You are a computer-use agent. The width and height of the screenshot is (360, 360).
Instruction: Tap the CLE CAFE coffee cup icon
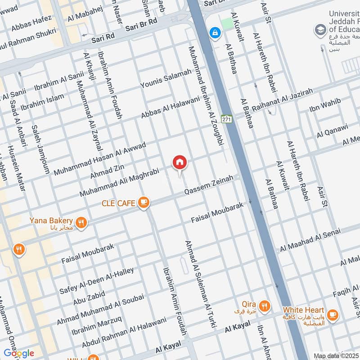click(x=144, y=203)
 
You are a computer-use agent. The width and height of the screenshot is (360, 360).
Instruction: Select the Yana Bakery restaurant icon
click(x=81, y=222)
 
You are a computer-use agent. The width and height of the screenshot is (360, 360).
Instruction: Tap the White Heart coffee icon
click(x=332, y=315)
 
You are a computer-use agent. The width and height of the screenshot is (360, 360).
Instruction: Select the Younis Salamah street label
click(x=166, y=78)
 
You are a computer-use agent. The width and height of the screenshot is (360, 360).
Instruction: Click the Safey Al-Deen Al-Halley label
click(x=97, y=280)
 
